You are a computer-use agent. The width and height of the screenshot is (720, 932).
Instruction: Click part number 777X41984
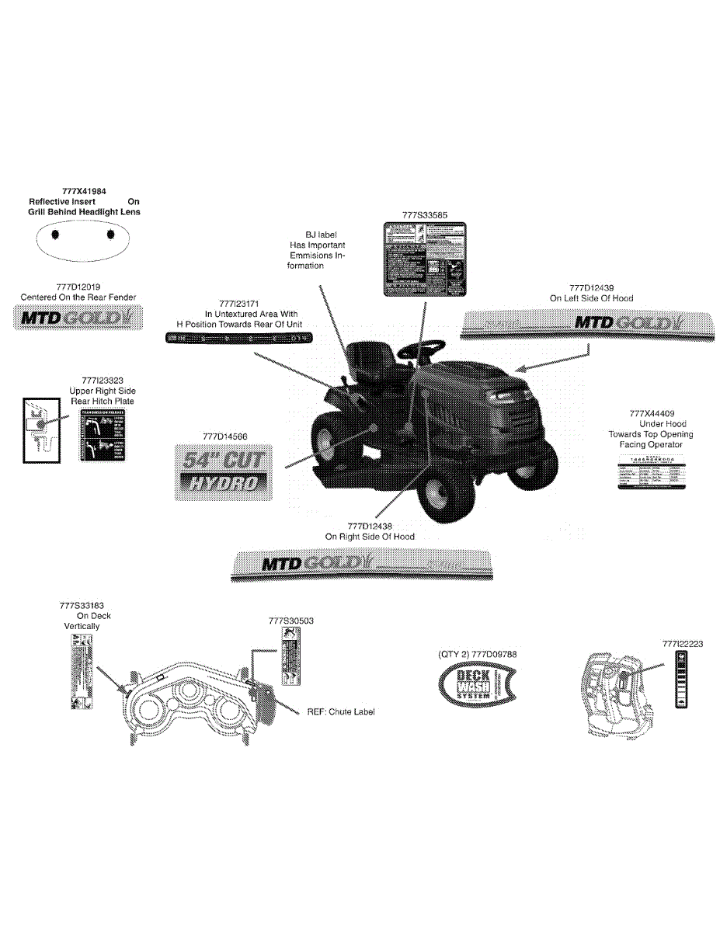(x=84, y=190)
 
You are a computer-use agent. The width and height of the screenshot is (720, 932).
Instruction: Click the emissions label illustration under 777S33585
(x=425, y=259)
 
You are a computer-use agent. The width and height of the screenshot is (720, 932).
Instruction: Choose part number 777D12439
(x=592, y=287)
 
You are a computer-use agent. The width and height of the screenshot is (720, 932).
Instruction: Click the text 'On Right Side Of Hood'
(x=370, y=537)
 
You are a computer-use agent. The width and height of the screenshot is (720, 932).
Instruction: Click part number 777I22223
(x=683, y=644)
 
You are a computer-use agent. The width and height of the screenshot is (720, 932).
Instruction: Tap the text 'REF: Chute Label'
(x=341, y=711)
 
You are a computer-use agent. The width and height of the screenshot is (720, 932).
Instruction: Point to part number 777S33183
(x=82, y=605)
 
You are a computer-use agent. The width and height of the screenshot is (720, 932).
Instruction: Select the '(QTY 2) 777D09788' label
(x=478, y=654)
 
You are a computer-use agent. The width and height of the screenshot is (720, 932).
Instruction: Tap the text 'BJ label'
(x=322, y=234)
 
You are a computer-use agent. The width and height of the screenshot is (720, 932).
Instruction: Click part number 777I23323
(x=103, y=381)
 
